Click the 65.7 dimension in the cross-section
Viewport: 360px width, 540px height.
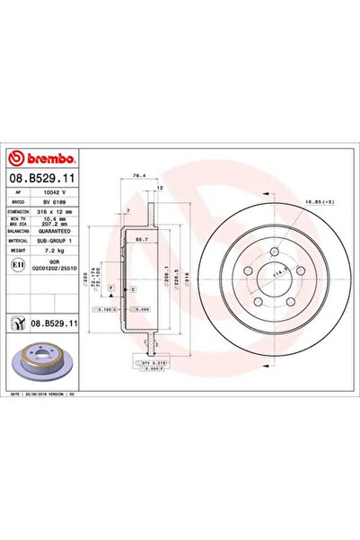pos(141,242)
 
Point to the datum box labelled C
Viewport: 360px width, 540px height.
pos(131,290)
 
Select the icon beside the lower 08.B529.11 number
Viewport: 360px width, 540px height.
pos(17,322)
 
